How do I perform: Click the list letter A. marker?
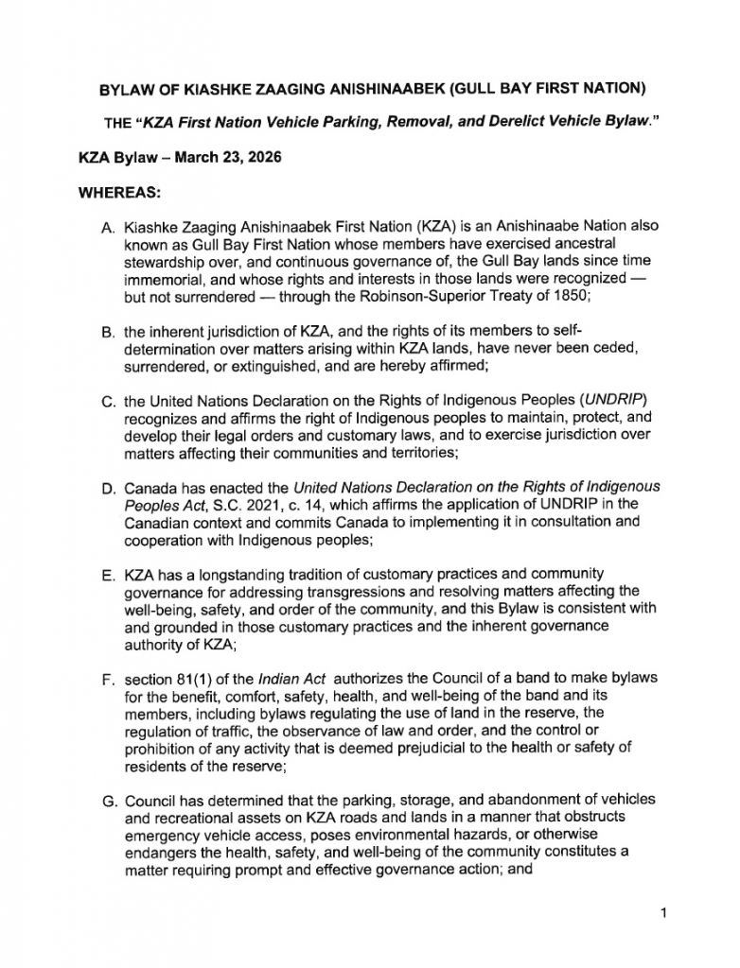(x=107, y=228)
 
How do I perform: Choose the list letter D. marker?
(x=107, y=488)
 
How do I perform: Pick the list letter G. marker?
(x=108, y=801)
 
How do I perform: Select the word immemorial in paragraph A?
(x=162, y=279)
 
